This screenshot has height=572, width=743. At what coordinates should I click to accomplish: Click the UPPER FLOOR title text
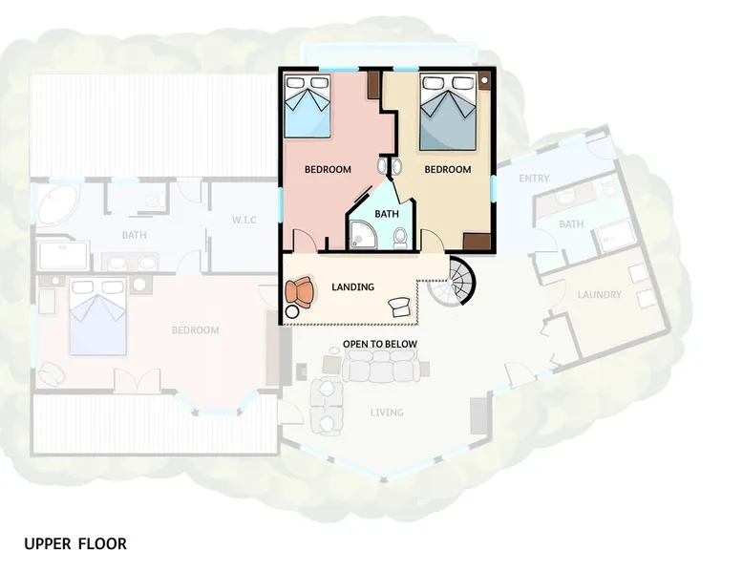[x=75, y=543]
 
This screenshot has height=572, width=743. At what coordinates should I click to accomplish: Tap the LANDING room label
[x=352, y=286]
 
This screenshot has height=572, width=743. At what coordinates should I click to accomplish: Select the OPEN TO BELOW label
[x=380, y=344]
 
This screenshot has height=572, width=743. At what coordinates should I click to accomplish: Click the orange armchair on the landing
[x=300, y=292]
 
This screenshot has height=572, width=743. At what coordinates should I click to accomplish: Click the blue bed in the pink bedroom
[x=308, y=106]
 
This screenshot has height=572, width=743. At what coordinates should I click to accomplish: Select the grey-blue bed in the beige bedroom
[x=448, y=112]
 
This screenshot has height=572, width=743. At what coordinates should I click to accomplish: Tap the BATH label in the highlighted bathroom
[x=387, y=214]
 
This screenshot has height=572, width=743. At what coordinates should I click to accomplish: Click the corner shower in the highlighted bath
[x=364, y=235]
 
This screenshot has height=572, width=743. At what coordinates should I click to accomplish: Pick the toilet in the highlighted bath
[x=400, y=238]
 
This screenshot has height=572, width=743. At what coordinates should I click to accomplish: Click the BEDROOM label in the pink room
[x=328, y=169]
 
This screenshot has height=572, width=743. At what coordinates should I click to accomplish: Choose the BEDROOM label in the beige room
[x=448, y=169]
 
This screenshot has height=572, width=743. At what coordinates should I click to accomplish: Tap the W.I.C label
[x=244, y=220]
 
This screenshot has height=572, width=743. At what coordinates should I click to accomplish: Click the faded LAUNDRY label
[x=600, y=294]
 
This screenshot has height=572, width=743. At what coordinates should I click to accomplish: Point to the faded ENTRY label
[x=534, y=179]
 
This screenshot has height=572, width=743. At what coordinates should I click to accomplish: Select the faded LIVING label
[x=387, y=413]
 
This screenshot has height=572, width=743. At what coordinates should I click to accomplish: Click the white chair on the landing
[x=399, y=307]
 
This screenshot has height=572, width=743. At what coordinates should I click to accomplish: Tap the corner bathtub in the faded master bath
[x=57, y=204]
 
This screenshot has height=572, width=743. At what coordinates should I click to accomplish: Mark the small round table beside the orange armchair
[x=292, y=312]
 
